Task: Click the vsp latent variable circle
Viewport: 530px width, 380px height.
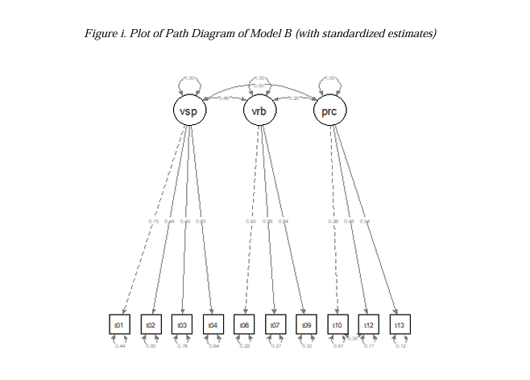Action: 190,111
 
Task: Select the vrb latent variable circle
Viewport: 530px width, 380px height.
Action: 259,111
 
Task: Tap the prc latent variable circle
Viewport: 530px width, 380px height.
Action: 329,111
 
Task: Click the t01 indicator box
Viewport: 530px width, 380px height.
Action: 119,324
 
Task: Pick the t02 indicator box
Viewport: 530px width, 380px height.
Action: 150,324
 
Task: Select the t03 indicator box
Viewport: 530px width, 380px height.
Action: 181,324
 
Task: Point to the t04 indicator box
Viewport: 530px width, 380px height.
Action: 213,324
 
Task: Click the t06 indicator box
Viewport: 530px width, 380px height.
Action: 243,324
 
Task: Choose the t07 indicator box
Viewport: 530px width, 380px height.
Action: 275,324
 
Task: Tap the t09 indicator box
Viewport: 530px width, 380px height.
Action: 306,324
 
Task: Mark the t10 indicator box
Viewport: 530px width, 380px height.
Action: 337,324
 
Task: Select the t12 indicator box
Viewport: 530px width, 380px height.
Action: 368,324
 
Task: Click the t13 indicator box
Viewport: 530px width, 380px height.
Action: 400,324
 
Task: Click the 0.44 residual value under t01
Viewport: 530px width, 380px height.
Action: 119,346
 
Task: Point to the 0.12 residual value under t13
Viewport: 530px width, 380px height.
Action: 400,346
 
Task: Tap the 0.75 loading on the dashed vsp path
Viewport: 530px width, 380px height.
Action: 153,221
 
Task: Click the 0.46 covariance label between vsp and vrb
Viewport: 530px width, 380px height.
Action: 223,98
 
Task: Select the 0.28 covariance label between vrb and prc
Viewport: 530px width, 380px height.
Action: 294,98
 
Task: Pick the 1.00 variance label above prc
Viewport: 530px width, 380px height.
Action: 329,78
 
